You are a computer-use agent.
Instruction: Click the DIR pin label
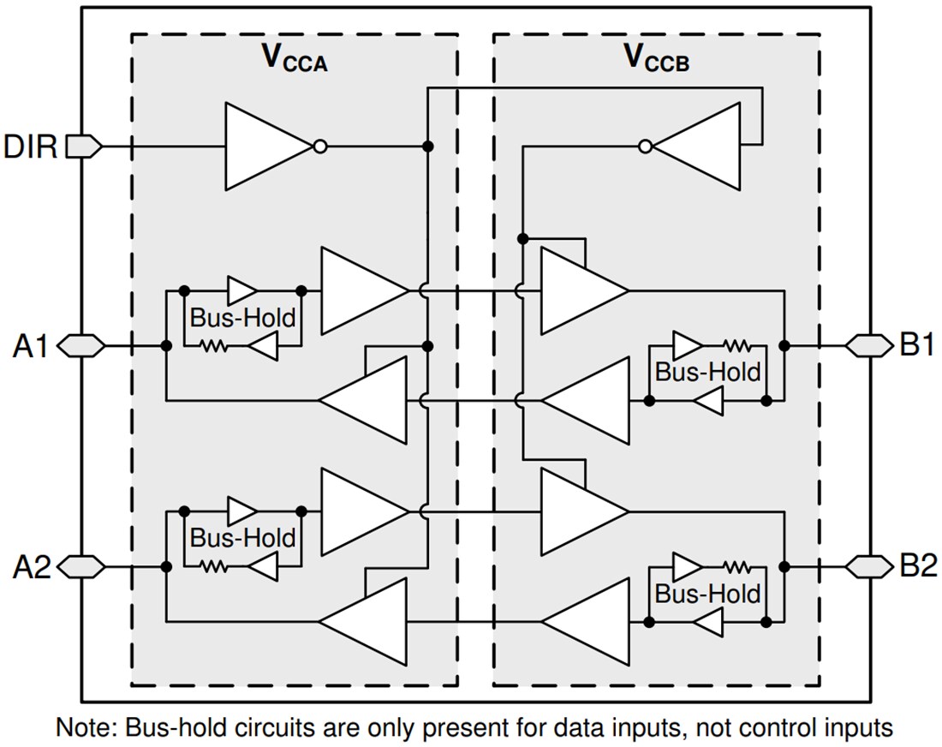(x=31, y=146)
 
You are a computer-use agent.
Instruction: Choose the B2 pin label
(x=915, y=565)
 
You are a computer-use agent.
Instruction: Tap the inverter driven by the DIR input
(x=267, y=146)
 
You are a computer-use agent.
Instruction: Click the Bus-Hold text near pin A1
(x=242, y=318)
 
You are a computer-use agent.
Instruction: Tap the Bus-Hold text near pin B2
(x=707, y=593)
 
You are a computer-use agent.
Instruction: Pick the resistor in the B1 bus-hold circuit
(x=736, y=345)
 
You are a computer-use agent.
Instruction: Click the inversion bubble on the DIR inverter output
(x=319, y=146)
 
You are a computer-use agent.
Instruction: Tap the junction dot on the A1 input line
(x=164, y=346)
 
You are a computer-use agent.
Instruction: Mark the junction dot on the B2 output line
(x=784, y=565)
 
